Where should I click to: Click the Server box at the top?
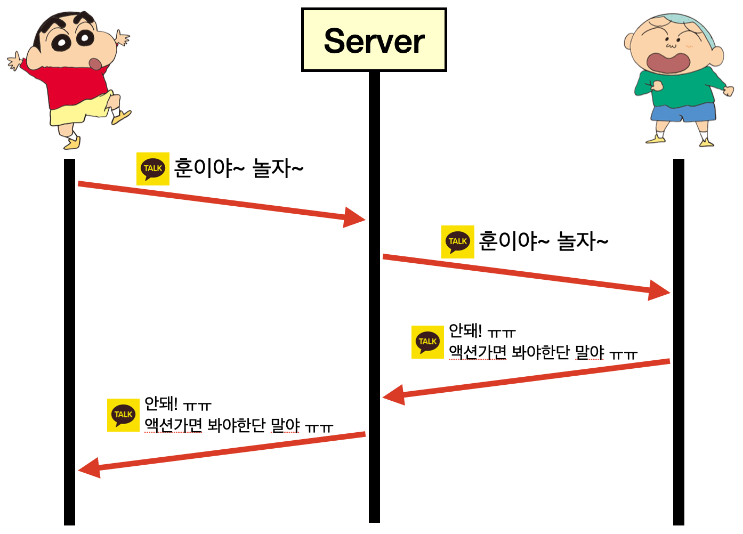click(x=374, y=40)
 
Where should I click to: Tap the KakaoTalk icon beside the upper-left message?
click(x=153, y=169)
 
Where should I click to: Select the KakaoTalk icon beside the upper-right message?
click(x=458, y=242)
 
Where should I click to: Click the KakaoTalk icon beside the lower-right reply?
click(x=427, y=342)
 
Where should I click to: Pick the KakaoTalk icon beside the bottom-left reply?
click(x=123, y=415)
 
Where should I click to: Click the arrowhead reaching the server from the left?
click(x=354, y=217)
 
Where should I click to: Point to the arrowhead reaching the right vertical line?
click(x=659, y=290)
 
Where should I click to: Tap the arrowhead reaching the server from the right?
click(x=393, y=396)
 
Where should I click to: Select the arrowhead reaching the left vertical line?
click(x=89, y=468)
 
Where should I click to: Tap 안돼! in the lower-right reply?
click(x=465, y=331)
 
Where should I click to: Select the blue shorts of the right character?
click(x=683, y=112)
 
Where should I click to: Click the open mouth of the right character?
click(x=668, y=61)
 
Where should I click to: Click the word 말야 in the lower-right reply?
click(x=589, y=352)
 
